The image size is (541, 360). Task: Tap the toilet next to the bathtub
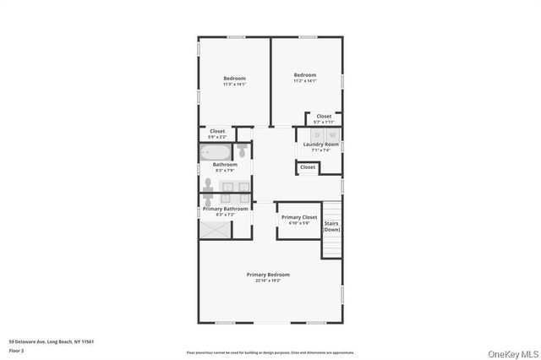click(x=242, y=150)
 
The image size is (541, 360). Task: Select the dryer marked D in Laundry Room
click(x=317, y=135)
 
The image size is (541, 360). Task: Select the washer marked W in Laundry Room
click(x=331, y=135)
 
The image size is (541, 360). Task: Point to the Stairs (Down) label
click(x=331, y=226)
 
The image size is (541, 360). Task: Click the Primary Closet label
click(x=298, y=217)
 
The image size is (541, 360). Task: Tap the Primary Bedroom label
click(x=268, y=275)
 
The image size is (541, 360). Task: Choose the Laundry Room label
click(x=320, y=145)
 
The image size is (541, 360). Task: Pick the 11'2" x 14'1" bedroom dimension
click(x=304, y=81)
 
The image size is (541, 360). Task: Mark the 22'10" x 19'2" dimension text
click(x=268, y=281)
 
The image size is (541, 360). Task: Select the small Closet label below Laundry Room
click(x=308, y=167)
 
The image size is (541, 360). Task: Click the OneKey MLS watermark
click(x=512, y=352)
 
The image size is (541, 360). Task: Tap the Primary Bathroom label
click(x=225, y=209)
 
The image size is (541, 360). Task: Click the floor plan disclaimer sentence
click(x=270, y=352)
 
